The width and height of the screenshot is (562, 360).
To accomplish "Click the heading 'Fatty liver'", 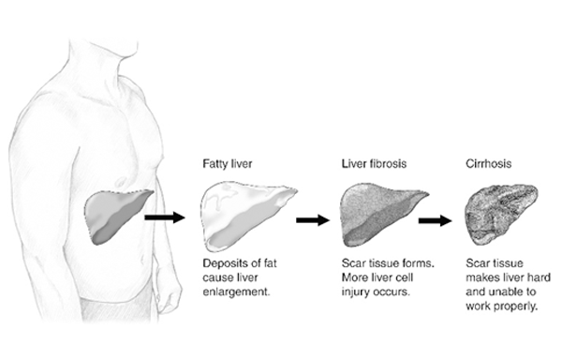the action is (x=225, y=163).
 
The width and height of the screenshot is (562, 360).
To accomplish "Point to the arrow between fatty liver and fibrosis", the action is (x=313, y=220).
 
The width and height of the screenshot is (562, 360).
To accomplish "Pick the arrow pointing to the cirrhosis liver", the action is (x=436, y=221).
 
